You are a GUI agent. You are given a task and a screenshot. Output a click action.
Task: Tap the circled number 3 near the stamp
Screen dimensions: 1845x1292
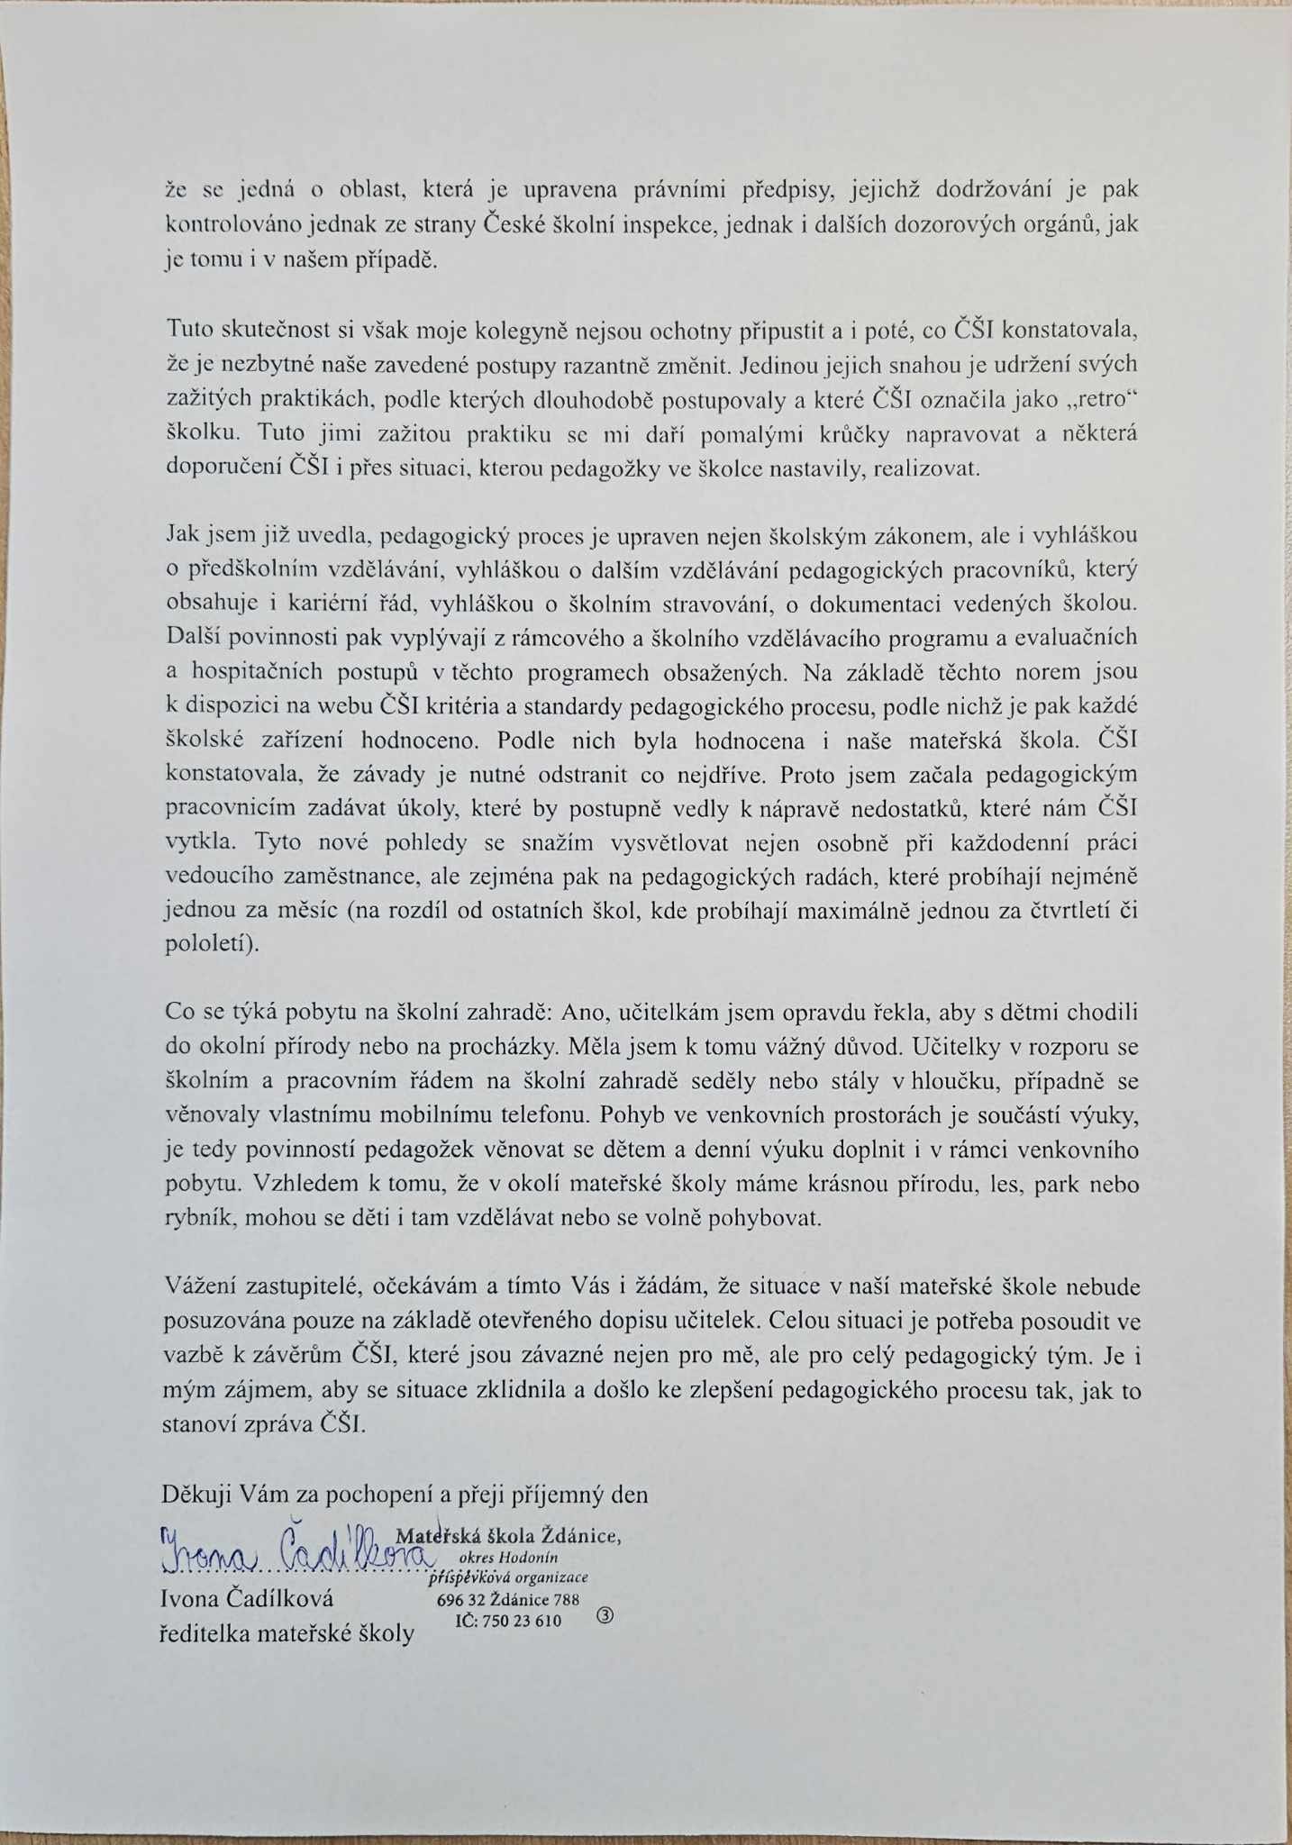[x=605, y=1615]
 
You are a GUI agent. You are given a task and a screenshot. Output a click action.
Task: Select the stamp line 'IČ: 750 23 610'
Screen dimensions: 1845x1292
[x=509, y=1621]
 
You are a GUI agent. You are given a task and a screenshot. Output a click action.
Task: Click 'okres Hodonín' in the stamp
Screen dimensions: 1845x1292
[x=509, y=1558]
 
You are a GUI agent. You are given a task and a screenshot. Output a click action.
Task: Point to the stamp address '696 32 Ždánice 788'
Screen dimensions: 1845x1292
[x=508, y=1600]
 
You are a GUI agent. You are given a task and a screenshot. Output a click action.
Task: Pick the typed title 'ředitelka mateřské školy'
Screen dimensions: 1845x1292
[x=287, y=1633]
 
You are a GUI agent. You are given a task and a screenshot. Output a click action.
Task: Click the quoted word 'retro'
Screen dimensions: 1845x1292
[x=1103, y=399]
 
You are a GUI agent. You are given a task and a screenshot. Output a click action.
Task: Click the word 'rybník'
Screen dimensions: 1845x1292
[x=197, y=1219]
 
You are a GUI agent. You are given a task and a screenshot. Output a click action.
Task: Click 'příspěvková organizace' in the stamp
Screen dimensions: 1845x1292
[x=509, y=1577]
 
